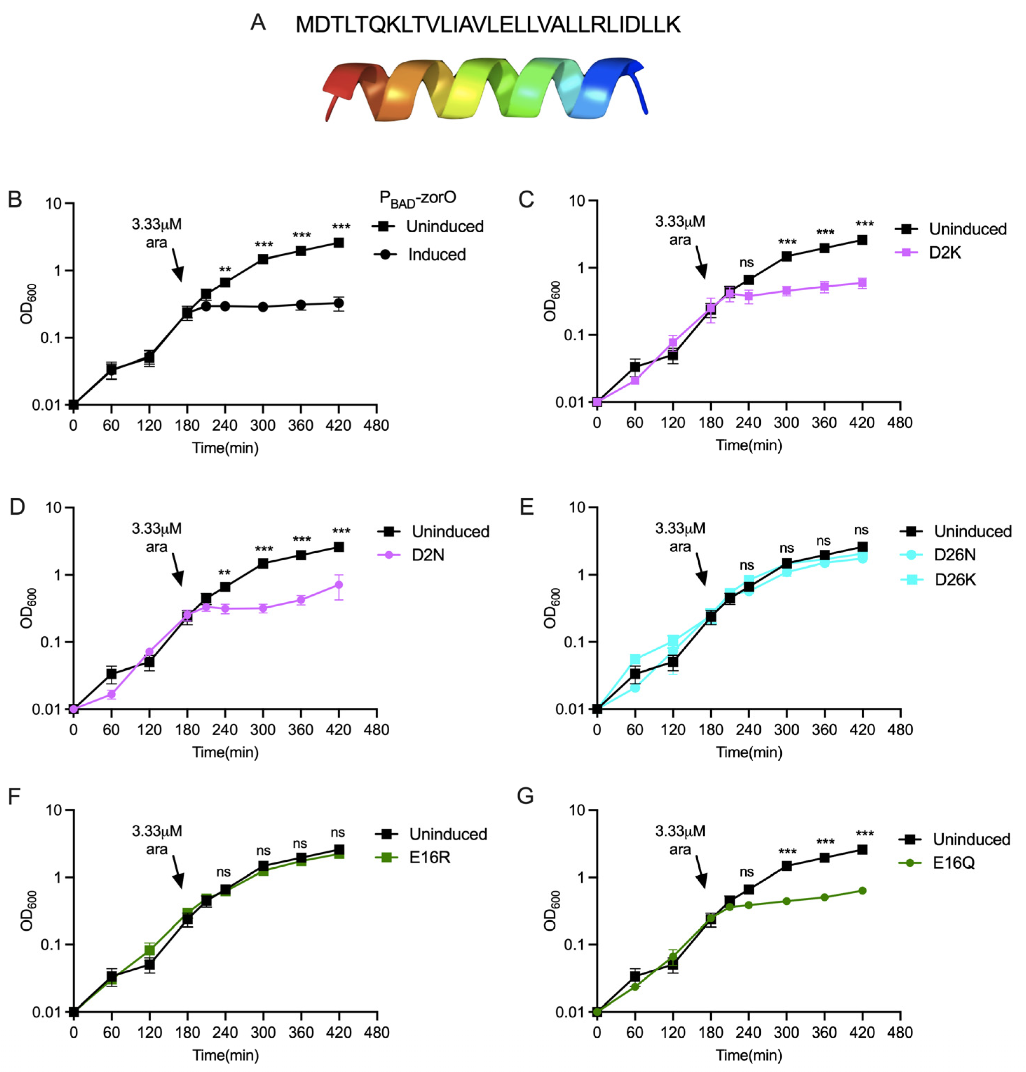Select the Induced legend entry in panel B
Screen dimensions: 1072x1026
436,255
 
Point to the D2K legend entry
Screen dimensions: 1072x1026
944,253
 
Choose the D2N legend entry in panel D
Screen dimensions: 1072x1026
428,555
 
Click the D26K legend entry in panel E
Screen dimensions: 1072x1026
955,580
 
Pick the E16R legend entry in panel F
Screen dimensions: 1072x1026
429,857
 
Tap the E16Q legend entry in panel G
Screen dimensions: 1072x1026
953,863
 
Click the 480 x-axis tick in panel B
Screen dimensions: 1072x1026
376,425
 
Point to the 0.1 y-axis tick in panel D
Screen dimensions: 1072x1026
52,642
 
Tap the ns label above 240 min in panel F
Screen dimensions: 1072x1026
223,872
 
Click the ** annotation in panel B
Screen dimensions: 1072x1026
225,269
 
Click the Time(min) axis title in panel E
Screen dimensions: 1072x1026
749,752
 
